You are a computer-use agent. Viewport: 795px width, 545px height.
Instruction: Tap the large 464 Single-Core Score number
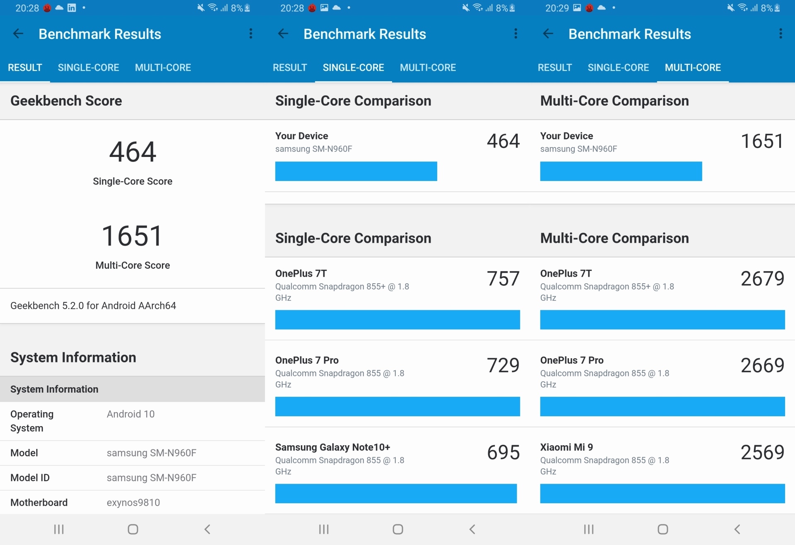point(132,152)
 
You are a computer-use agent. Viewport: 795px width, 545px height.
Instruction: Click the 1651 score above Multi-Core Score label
point(132,236)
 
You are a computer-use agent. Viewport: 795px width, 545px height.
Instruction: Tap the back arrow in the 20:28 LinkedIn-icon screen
point(18,34)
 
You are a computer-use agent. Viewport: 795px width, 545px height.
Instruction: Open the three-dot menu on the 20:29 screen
point(781,34)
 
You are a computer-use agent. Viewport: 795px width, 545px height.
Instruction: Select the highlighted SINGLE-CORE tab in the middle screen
point(353,68)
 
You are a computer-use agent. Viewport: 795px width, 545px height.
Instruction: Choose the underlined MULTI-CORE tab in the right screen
point(693,68)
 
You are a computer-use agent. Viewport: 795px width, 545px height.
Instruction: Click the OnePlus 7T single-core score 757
point(503,278)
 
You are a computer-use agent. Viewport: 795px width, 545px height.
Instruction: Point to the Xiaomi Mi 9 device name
point(566,447)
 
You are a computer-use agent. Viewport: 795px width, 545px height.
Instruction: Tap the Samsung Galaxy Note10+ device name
point(332,447)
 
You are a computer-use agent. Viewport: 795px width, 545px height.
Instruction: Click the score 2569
point(762,452)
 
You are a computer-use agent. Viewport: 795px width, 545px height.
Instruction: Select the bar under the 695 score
point(396,494)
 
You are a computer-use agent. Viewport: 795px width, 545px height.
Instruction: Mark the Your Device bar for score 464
point(356,171)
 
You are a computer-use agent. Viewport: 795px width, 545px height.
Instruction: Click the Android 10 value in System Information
point(130,414)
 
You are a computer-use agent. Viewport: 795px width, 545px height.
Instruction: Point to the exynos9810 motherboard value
point(133,502)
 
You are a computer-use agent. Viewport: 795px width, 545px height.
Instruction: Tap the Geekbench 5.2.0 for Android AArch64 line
point(93,306)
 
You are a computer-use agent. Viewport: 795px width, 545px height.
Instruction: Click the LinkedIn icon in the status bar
point(72,8)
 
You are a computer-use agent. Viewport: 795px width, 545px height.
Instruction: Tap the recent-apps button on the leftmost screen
point(59,529)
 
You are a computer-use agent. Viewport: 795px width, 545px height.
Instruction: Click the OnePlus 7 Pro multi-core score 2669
point(762,365)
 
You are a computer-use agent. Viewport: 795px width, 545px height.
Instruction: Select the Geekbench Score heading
point(66,101)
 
